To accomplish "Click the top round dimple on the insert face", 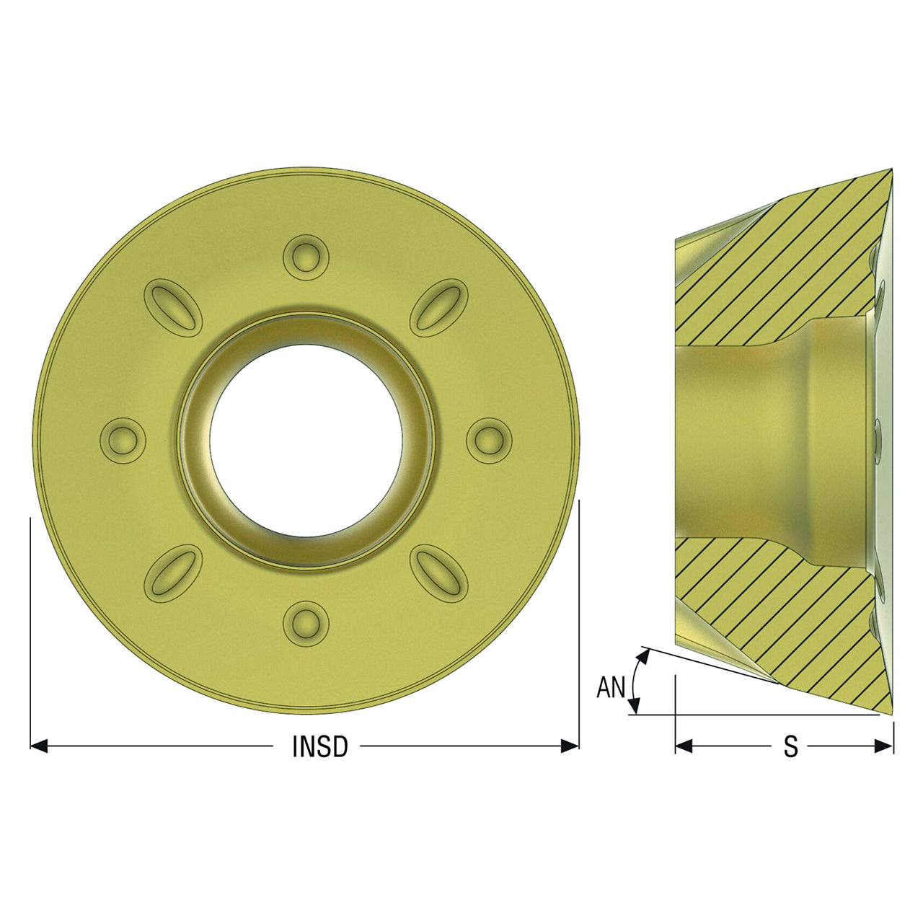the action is (306, 257).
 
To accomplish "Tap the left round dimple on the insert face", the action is (123, 441).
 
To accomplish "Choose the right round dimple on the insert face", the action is (489, 441).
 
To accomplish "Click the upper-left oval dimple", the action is (173, 308).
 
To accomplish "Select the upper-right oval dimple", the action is (438, 308).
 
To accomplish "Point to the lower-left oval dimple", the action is (173, 573).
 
